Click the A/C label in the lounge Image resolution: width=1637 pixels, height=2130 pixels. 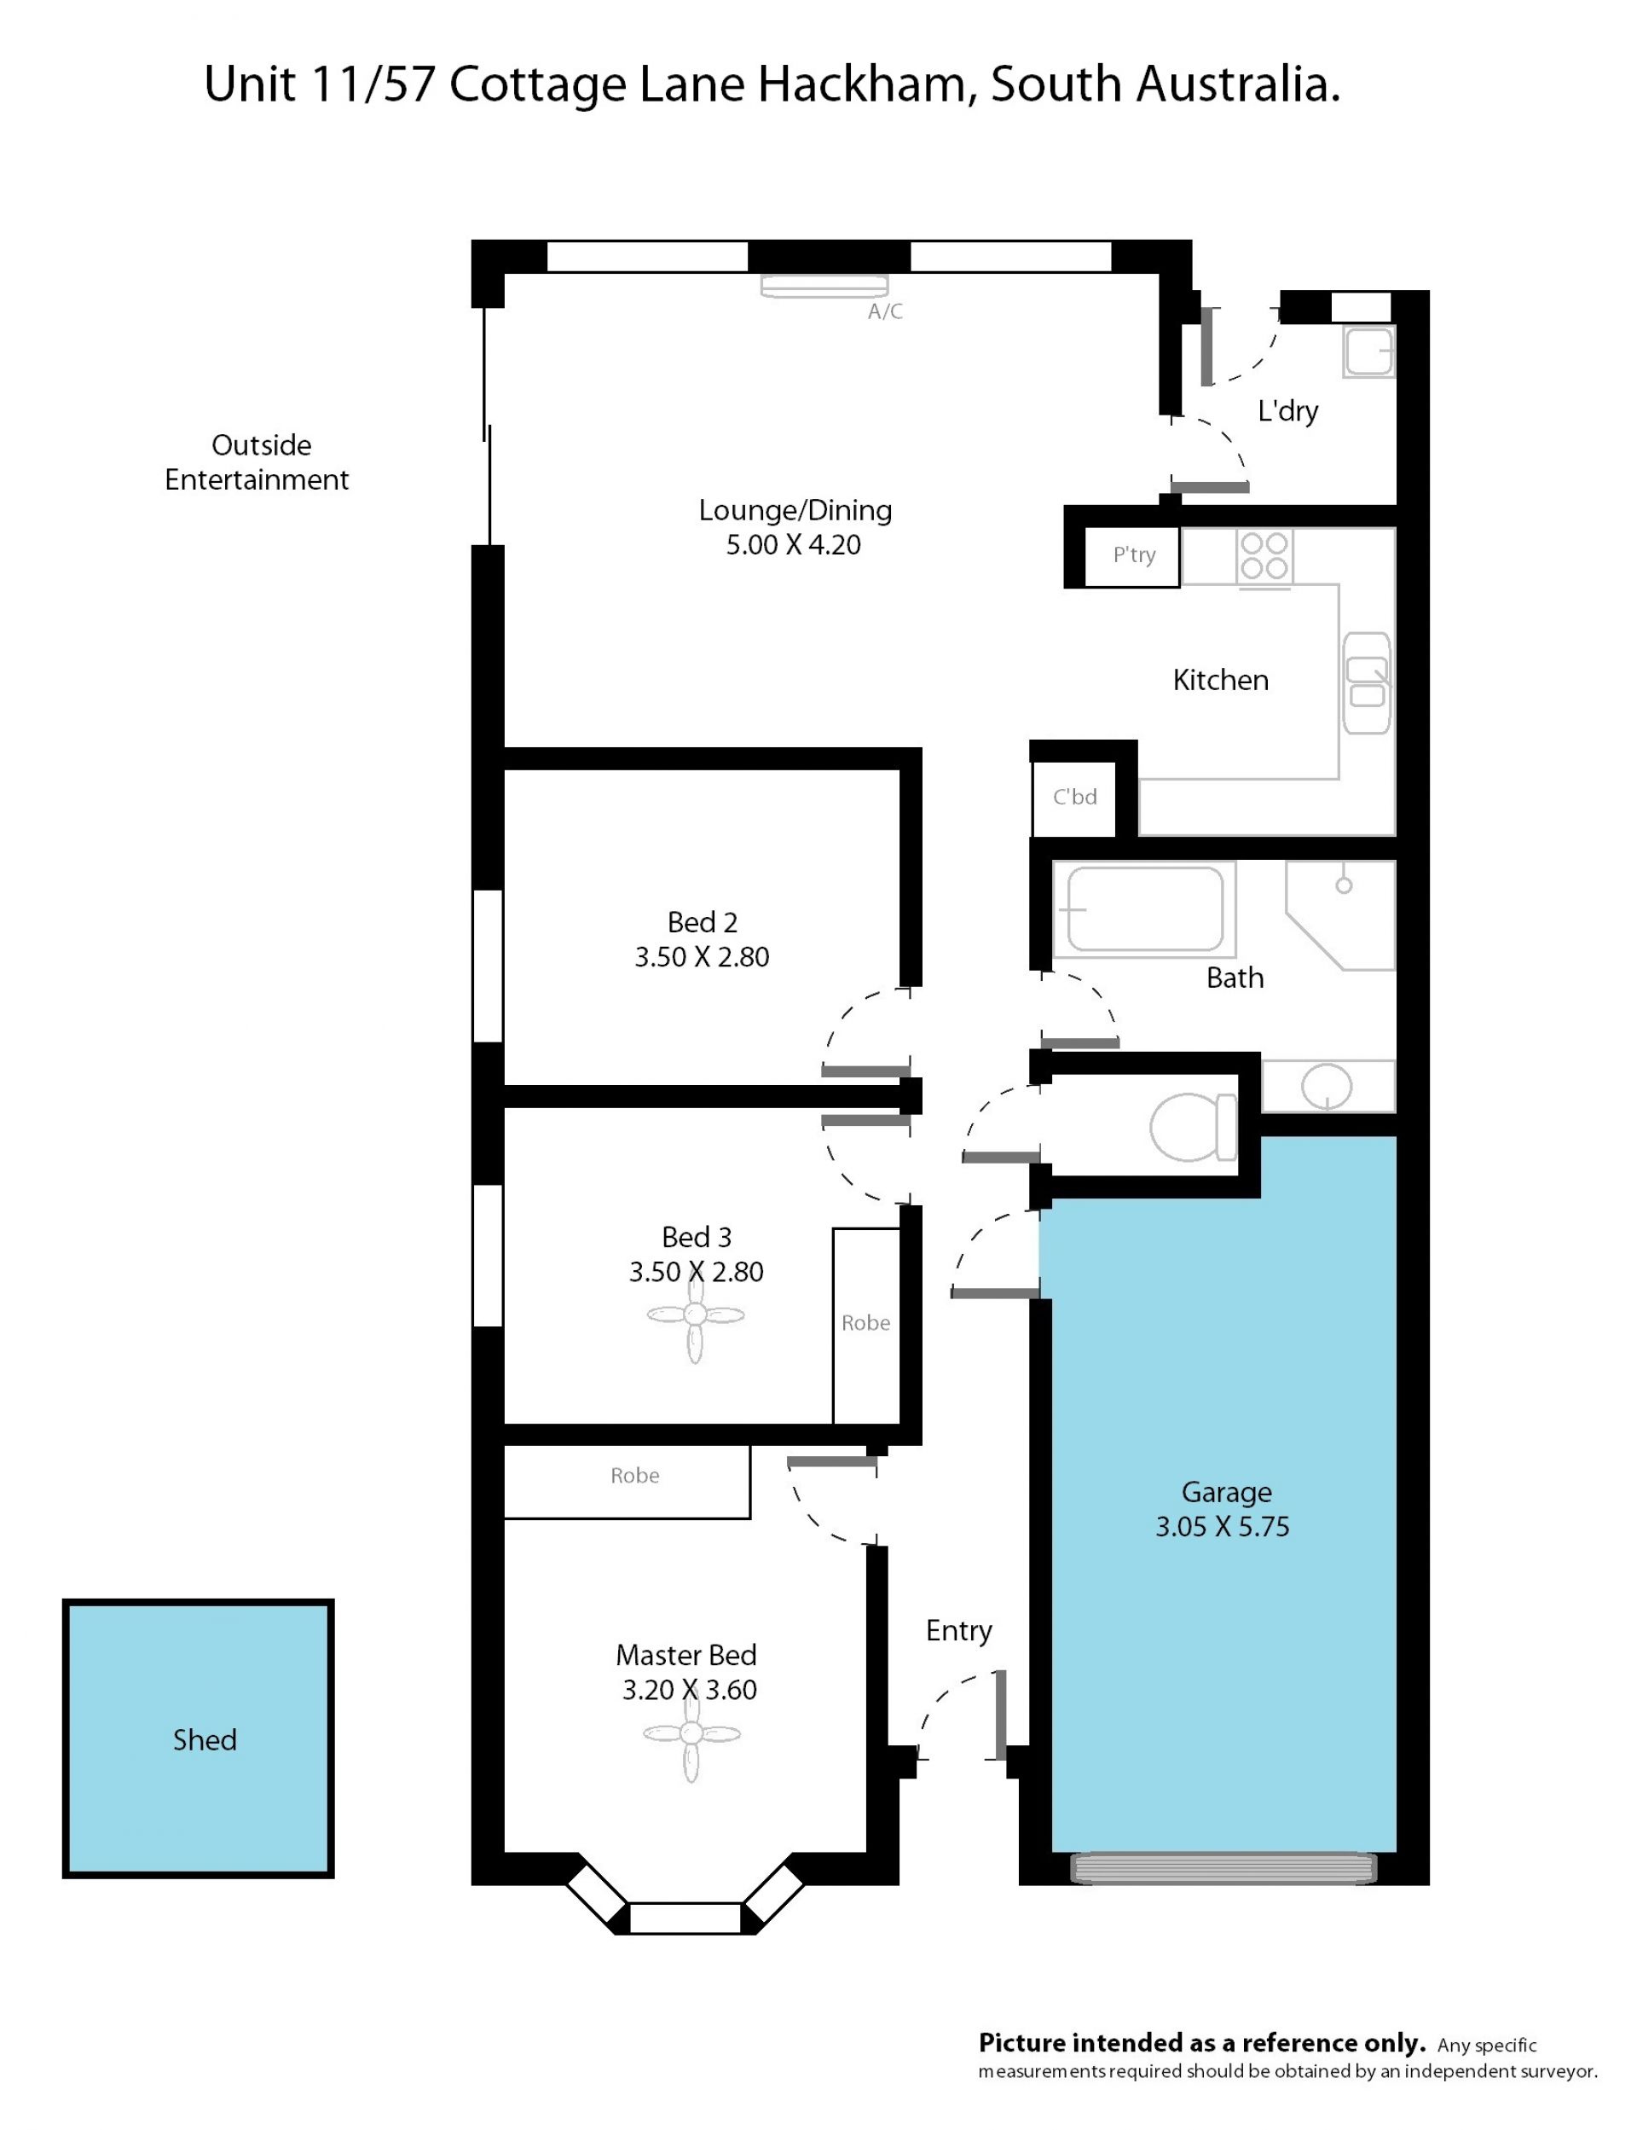885,312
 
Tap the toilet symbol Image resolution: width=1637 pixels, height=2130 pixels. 1193,1127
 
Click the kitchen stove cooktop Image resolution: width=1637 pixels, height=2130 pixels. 1264,557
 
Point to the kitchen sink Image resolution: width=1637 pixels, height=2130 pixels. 1366,683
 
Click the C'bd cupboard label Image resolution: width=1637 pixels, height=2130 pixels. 1075,798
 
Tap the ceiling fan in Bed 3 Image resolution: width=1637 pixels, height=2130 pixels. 695,1315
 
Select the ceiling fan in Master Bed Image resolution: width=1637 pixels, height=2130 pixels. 691,1733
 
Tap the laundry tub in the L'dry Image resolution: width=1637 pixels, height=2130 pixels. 1369,351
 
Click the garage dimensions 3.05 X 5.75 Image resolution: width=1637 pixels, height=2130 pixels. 1222,1527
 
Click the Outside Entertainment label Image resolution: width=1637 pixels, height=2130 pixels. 257,462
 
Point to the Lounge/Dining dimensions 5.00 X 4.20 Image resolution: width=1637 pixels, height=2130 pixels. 793,545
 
